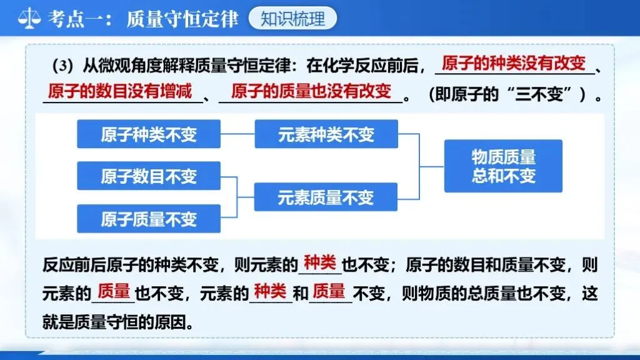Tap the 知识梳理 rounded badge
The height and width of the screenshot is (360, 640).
[x=292, y=19]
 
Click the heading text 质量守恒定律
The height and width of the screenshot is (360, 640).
[x=182, y=19]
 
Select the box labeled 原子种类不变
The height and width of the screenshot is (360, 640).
[x=149, y=134]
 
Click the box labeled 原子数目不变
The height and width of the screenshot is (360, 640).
[x=149, y=176]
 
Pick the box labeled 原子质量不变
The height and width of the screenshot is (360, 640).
[x=149, y=218]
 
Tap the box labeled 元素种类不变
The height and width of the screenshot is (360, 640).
[x=326, y=134]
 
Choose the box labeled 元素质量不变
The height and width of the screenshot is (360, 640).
[x=326, y=197]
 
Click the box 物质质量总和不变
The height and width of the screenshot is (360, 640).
[x=503, y=166]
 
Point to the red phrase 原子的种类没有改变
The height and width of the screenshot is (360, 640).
[x=513, y=63]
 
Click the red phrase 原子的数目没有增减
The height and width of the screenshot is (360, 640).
[x=119, y=91]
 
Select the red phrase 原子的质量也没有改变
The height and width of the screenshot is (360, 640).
[x=311, y=91]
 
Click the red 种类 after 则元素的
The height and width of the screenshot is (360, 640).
[x=320, y=262]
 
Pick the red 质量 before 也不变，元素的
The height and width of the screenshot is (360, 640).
[x=114, y=291]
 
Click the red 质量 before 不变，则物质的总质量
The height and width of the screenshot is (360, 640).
[x=329, y=291]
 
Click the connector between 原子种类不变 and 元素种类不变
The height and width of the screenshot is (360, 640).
[x=237, y=134]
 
